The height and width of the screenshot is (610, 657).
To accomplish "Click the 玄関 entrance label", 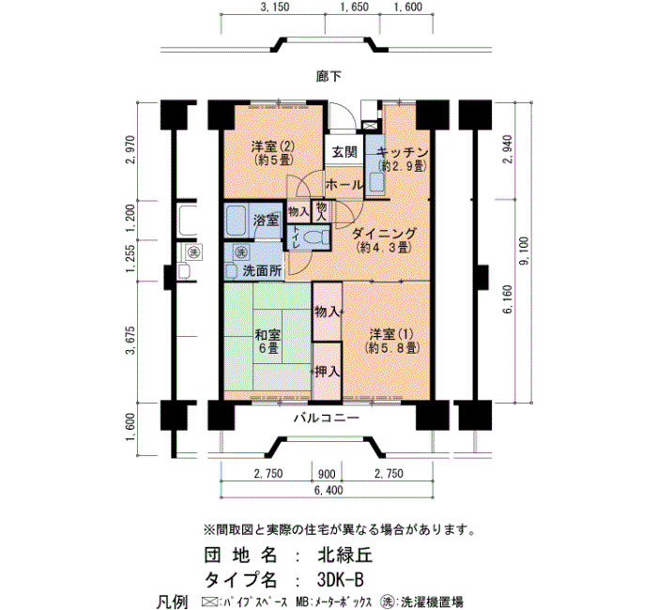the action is (x=344, y=152).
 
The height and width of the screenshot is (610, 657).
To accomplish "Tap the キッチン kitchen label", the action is (x=403, y=152).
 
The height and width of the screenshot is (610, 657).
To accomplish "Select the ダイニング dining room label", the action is (x=384, y=233).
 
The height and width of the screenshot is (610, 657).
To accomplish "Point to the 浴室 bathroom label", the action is (x=266, y=220).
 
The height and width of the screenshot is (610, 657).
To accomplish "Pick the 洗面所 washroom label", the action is (x=262, y=271).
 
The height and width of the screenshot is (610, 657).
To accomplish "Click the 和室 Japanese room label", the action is (x=267, y=335).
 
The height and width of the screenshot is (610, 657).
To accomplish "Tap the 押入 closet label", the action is (x=328, y=372).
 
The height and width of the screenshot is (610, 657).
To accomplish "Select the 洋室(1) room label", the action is (x=391, y=334).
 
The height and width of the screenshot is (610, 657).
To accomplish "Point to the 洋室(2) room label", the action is (x=273, y=146).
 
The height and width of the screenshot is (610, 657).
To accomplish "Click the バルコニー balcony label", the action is (x=327, y=418).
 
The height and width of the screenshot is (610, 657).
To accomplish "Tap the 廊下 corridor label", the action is (x=328, y=76).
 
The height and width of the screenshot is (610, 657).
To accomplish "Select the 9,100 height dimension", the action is (x=524, y=252).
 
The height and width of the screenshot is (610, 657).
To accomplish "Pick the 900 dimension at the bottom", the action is (x=327, y=474).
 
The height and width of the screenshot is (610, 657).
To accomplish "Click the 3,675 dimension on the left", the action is (x=130, y=340).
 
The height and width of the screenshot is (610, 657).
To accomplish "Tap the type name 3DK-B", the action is (x=340, y=580).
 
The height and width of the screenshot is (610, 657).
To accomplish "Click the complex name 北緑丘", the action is (x=344, y=556).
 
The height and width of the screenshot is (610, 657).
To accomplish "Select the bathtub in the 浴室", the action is (x=237, y=220).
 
